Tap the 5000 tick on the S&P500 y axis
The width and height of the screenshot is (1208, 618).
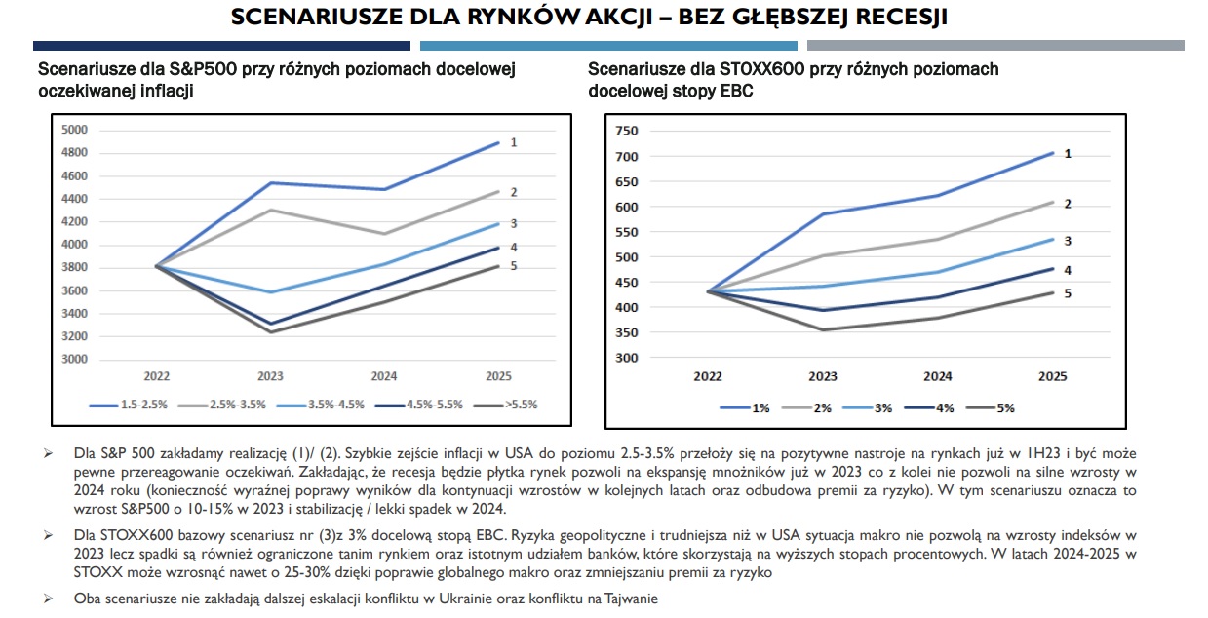[x=75, y=130]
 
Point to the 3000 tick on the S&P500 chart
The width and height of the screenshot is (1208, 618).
[x=75, y=359]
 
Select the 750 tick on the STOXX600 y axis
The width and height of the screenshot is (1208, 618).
[x=626, y=131]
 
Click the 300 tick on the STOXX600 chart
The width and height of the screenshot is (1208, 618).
[x=626, y=358]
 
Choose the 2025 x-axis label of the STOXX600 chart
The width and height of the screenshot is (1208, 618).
[x=1051, y=376]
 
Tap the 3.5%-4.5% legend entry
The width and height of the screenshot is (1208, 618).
[x=320, y=404]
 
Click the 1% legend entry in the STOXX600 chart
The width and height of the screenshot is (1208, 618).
[x=760, y=408]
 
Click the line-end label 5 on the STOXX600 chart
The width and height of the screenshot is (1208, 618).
[x=1068, y=293]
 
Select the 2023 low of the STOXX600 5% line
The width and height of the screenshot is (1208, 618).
[x=823, y=329]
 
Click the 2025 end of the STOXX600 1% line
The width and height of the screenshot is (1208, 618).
[x=1051, y=153]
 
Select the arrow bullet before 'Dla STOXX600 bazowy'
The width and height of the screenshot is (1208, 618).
[x=45, y=536]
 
